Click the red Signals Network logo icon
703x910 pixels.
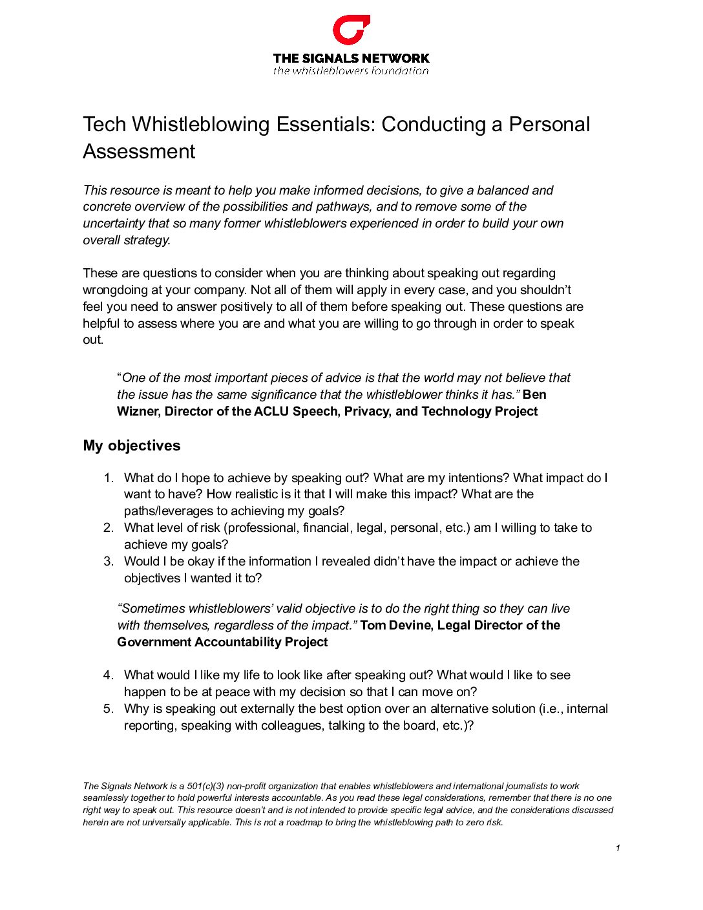click(x=351, y=30)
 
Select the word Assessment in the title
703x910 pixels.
click(x=139, y=151)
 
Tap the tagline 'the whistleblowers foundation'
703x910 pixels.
click(x=351, y=71)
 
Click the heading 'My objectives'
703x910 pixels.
click(x=132, y=445)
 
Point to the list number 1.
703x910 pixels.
click(x=109, y=478)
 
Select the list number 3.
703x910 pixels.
click(x=109, y=561)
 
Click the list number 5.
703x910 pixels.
click(x=109, y=708)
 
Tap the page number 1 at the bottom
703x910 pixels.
click(x=618, y=848)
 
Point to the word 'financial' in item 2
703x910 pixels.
click(x=326, y=527)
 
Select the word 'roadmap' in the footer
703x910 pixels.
click(x=304, y=822)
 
